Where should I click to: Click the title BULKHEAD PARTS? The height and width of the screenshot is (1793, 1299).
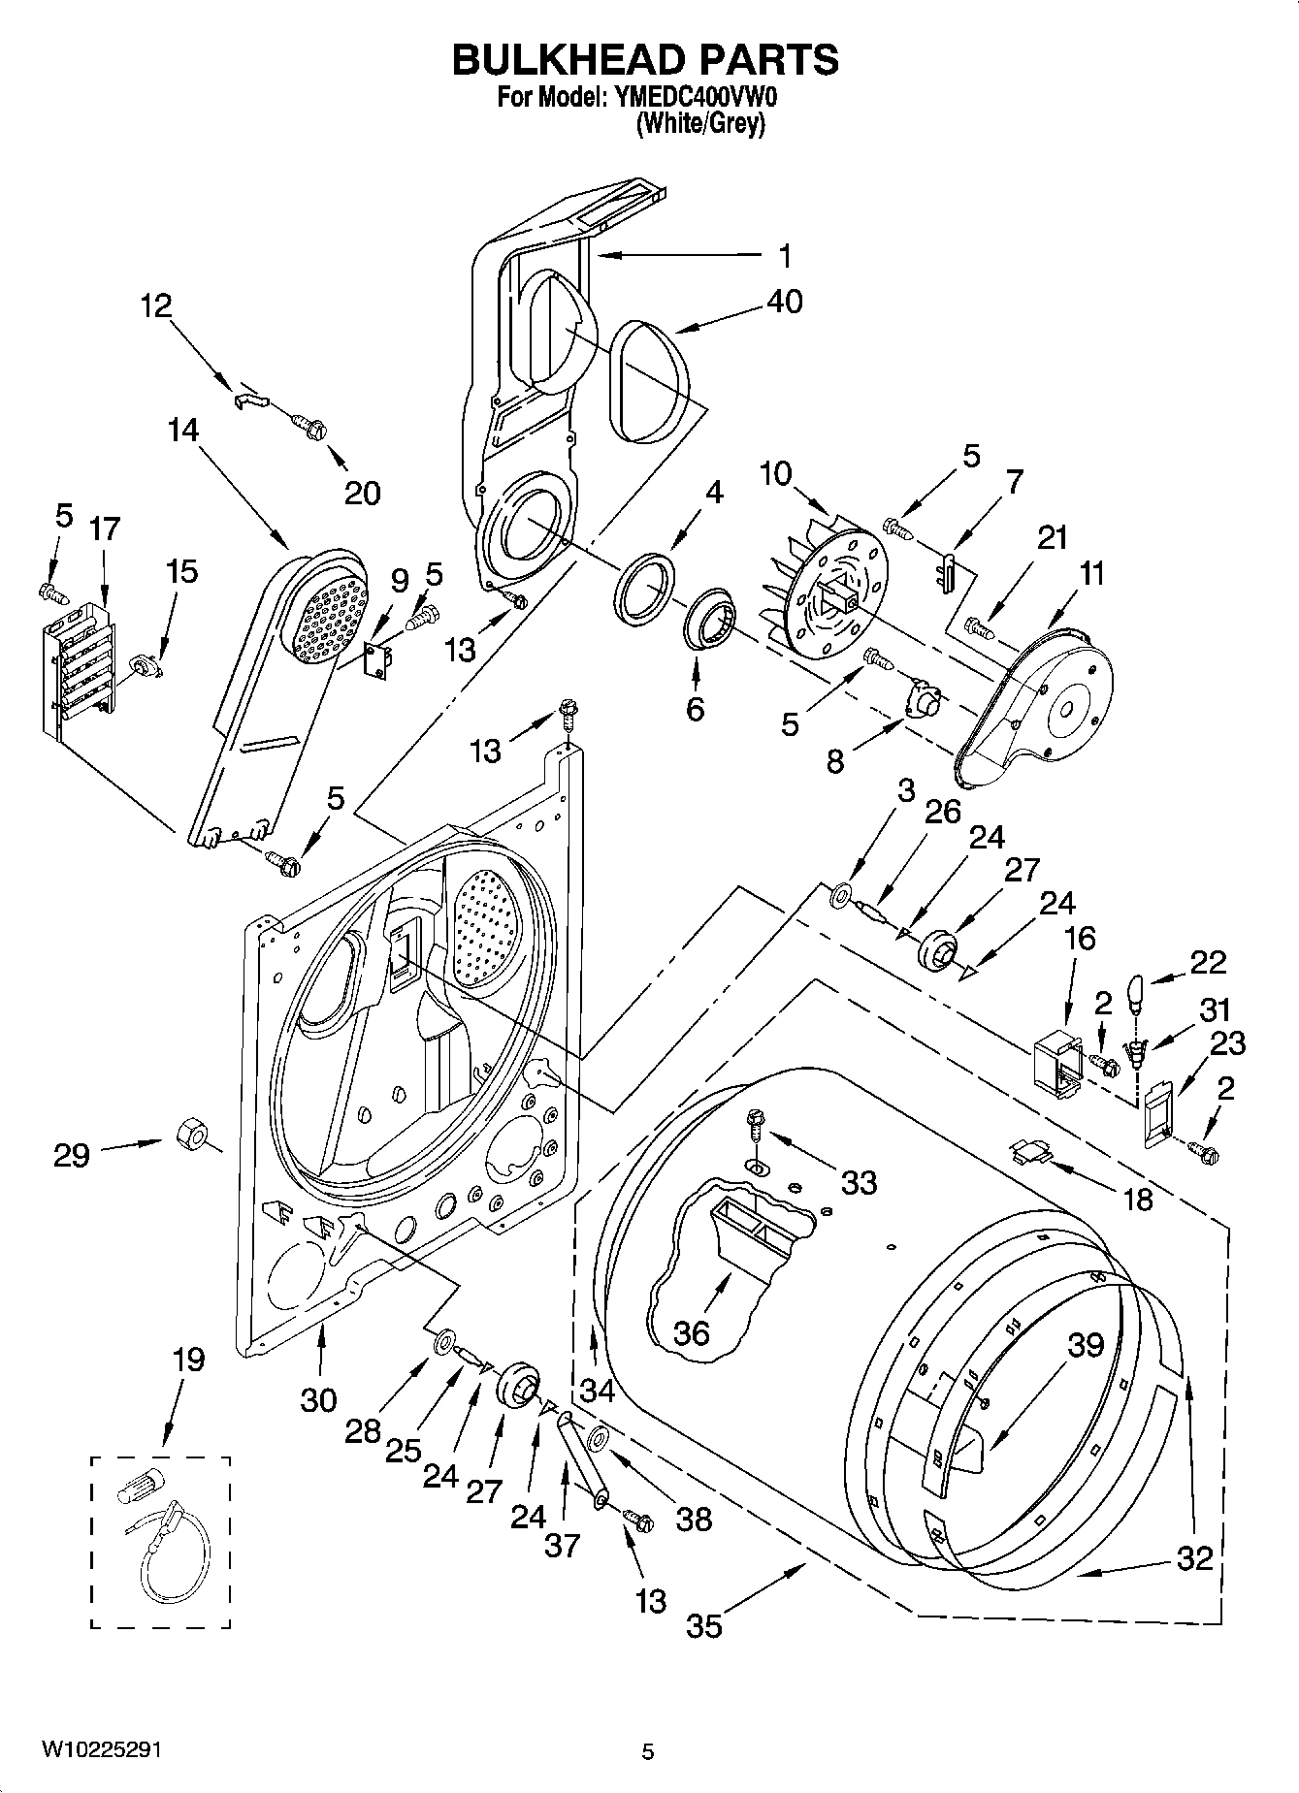tap(645, 60)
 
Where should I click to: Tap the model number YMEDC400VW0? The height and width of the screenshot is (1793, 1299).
tap(696, 98)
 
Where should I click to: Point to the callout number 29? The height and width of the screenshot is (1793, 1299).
tap(72, 1155)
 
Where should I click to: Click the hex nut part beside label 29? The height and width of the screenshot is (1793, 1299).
tap(189, 1133)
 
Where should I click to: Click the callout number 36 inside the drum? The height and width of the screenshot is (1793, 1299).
tap(692, 1332)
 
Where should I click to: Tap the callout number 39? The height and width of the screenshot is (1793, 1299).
tap(1086, 1345)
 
